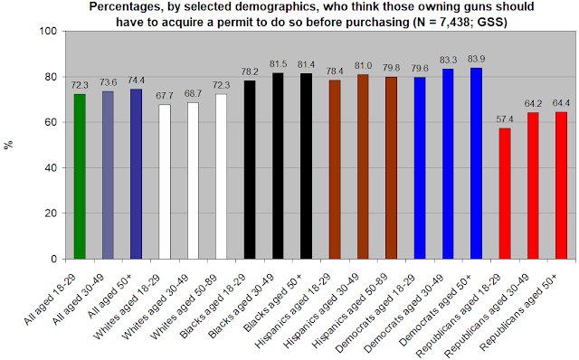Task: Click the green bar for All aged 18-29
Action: [x=80, y=176]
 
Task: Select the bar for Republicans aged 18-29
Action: [x=505, y=194]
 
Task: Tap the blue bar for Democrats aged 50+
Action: [x=477, y=163]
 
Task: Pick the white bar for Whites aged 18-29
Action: [x=165, y=182]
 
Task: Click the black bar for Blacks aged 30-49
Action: [x=278, y=166]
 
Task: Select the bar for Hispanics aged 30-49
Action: [x=363, y=166]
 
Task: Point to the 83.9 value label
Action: [x=477, y=59]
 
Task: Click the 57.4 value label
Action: [x=505, y=119]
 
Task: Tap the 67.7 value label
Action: [x=165, y=96]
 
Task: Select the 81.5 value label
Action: [x=278, y=64]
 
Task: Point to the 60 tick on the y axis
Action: [x=51, y=122]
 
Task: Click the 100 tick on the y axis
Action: [x=48, y=32]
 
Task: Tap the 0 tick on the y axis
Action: [x=54, y=260]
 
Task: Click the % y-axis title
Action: [x=8, y=145]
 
